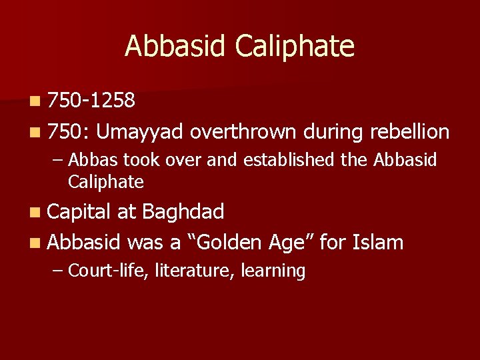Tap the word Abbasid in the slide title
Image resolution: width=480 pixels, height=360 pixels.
(x=178, y=47)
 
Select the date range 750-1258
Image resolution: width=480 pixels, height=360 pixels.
(x=92, y=101)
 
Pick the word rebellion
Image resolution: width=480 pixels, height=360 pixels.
(x=409, y=132)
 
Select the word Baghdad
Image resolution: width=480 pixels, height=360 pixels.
(x=183, y=212)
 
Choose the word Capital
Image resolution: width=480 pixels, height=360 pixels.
(x=79, y=212)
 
